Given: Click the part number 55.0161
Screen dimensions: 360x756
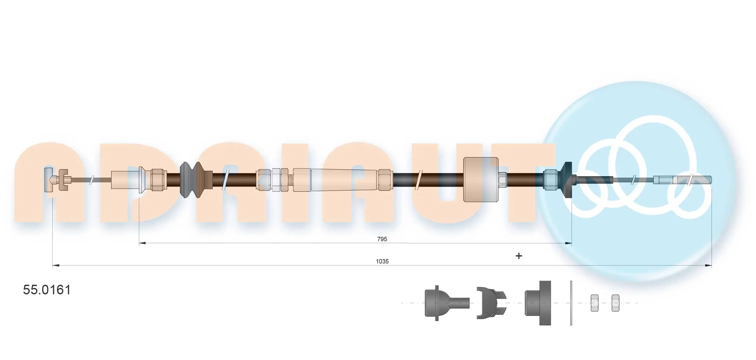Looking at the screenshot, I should [x=47, y=290].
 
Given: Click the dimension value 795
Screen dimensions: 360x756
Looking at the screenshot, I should [x=382, y=239].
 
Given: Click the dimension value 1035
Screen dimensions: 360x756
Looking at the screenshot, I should [x=382, y=261].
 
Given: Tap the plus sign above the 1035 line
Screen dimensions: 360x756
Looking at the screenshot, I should [x=518, y=256].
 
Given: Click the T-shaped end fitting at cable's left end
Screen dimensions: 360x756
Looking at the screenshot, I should [x=49, y=180].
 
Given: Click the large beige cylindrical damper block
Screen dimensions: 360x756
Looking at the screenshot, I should [x=480, y=180].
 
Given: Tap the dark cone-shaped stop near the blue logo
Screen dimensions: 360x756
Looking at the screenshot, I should [x=567, y=180].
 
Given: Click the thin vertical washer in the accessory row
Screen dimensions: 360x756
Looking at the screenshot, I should [x=571, y=303].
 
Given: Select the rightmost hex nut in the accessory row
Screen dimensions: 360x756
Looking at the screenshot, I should [x=615, y=303].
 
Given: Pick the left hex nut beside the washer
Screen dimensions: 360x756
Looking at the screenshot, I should [x=594, y=303].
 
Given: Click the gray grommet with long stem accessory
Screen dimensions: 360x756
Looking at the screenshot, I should [x=445, y=303].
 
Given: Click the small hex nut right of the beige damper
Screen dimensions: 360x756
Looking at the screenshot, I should [x=502, y=179].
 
